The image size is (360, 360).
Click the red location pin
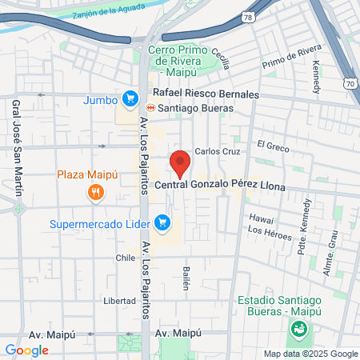(x=180, y=162)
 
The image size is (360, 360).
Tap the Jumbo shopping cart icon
(x=129, y=99)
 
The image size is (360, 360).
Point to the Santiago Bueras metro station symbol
(x=150, y=108)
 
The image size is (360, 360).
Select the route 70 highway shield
(x=351, y=82)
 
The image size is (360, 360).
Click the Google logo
(x=26, y=350)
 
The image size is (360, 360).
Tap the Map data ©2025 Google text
(x=311, y=354)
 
